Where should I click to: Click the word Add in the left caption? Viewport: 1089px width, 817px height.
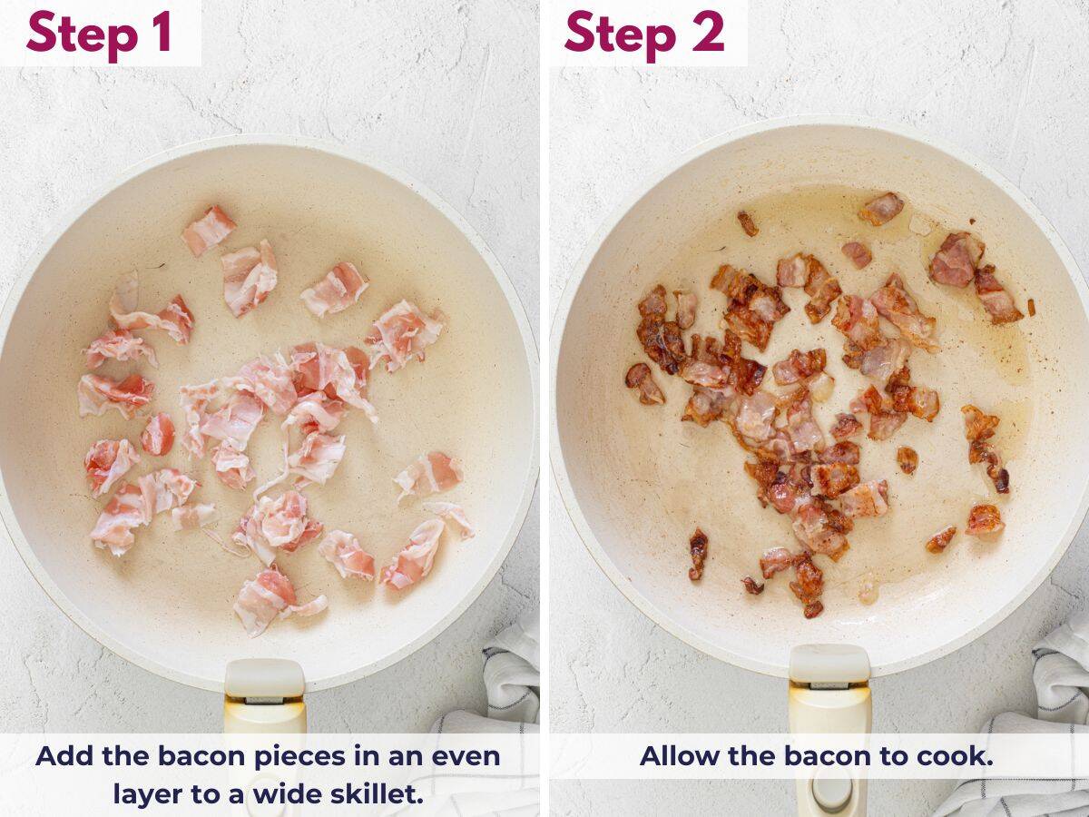(x=62, y=756)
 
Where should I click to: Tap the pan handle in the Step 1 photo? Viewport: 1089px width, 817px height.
(x=264, y=699)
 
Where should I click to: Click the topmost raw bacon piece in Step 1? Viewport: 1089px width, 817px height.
(x=208, y=229)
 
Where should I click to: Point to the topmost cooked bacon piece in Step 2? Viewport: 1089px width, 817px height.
(x=881, y=208)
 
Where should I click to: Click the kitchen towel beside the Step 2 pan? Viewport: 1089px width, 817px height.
(x=1057, y=690)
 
